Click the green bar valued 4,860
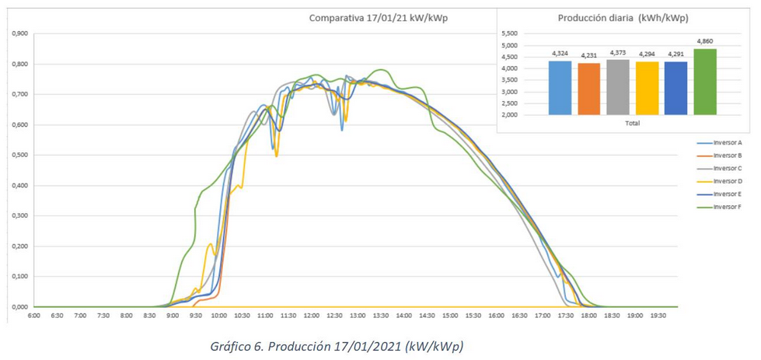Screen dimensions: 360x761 pyautogui.click(x=705, y=82)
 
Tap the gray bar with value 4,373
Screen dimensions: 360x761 pyautogui.click(x=619, y=87)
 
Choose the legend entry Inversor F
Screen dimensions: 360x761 pyautogui.click(x=728, y=207)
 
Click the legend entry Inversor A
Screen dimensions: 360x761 pyautogui.click(x=728, y=143)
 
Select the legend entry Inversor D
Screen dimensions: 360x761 pyautogui.click(x=728, y=181)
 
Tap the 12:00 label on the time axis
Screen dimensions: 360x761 pyautogui.click(x=312, y=316)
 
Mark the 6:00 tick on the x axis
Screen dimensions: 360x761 pyautogui.click(x=34, y=316)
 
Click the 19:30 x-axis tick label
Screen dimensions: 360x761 pyautogui.click(x=658, y=316)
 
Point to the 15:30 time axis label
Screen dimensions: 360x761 pyautogui.click(x=473, y=316)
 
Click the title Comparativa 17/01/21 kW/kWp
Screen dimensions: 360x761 pyautogui.click(x=377, y=18)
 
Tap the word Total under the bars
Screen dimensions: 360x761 pyautogui.click(x=632, y=123)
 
